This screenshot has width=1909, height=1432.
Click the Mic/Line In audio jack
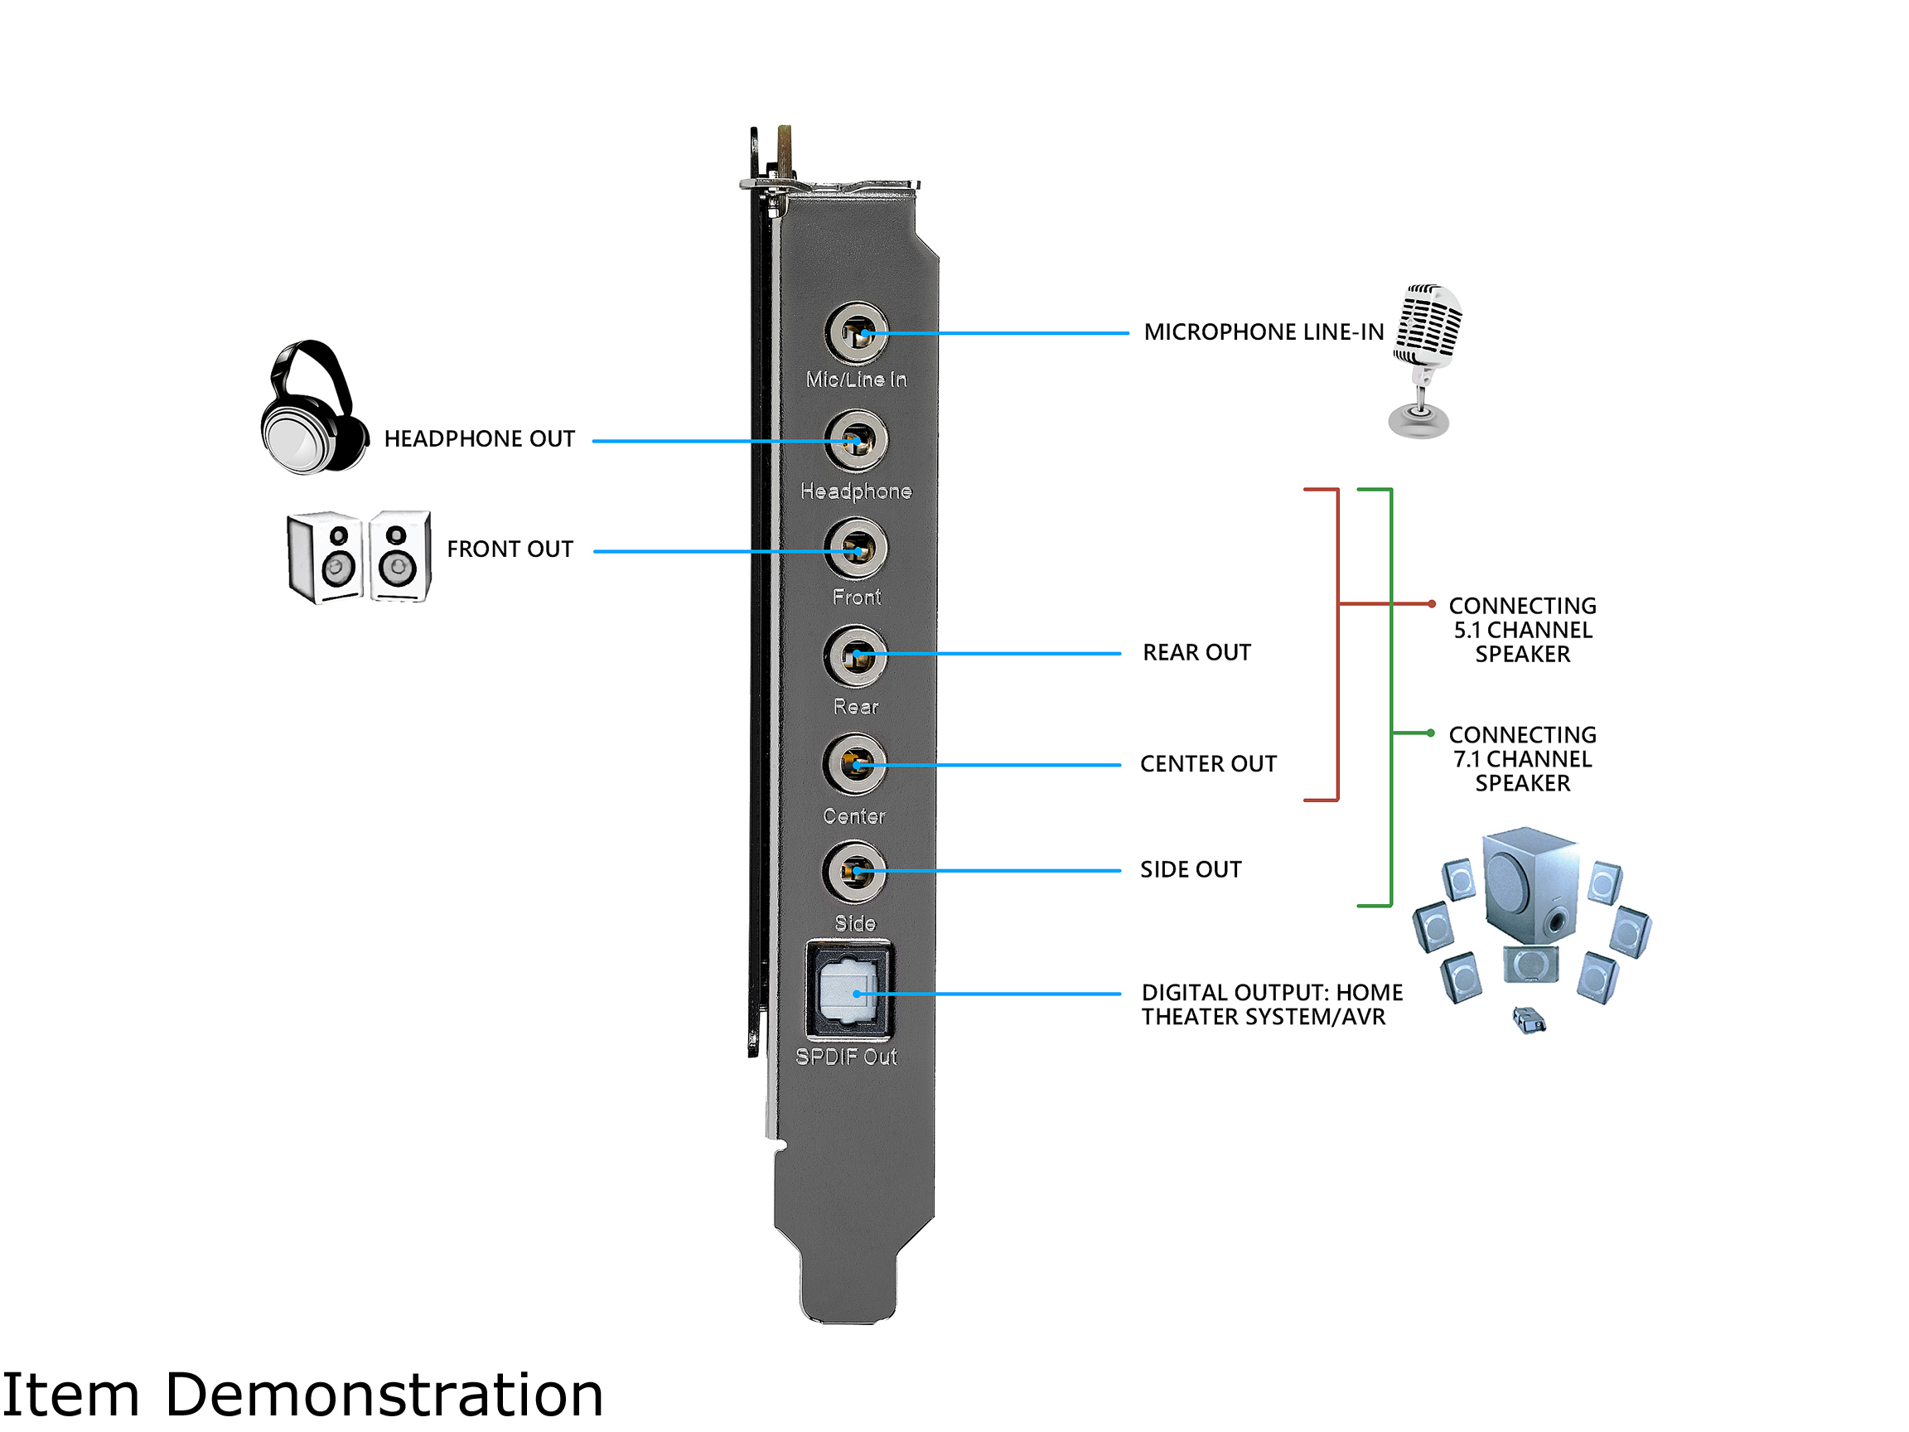coord(856,333)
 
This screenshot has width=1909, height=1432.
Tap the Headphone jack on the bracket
coord(855,441)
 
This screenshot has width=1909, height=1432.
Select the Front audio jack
coord(855,549)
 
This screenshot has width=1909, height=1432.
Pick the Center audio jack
coord(854,765)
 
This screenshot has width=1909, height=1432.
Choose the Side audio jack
coord(854,872)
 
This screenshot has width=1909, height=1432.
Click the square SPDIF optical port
coord(848,991)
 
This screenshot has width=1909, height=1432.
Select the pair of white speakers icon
coord(358,558)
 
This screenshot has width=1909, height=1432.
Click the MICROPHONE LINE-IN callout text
coord(1263,332)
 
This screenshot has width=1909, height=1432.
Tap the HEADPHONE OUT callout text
coord(479,439)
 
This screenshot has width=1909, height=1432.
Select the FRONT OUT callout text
coord(510,549)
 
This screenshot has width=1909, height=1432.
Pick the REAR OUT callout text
coord(1196,652)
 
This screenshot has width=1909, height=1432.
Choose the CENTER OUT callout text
coord(1207,764)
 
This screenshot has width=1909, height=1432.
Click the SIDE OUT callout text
coord(1190,870)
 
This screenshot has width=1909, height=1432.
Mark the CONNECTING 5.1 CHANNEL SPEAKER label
coord(1521,630)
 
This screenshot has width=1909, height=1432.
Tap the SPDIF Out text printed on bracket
coord(846,1057)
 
